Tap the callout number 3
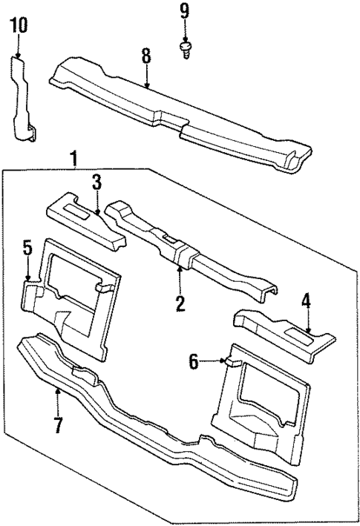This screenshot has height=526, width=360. point(96,183)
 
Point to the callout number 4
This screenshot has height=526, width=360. point(306,303)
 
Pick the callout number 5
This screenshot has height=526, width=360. point(27,247)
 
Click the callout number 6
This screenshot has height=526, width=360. point(193,361)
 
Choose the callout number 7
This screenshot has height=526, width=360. point(57,426)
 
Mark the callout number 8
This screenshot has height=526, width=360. point(146,56)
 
